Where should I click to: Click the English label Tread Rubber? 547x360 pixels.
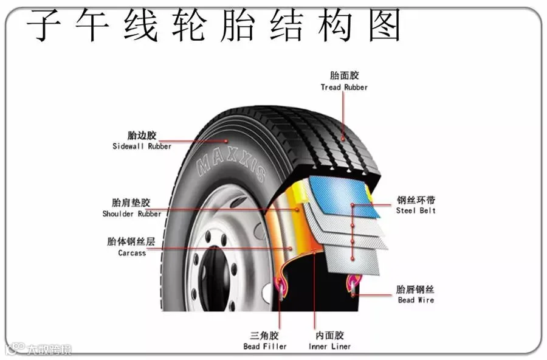[344, 88]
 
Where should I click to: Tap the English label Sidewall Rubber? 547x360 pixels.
[142, 147]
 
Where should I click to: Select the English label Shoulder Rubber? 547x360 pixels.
[132, 214]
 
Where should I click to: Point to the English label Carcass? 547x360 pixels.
[132, 253]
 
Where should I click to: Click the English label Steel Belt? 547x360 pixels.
[416, 211]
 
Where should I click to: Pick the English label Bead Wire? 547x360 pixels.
[416, 300]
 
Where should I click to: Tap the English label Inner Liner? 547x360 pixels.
[329, 347]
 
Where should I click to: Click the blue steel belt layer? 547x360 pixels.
[340, 195]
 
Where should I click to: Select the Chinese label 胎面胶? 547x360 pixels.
[345, 76]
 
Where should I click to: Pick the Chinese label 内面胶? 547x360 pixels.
[329, 336]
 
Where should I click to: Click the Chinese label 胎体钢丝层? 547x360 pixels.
[131, 241]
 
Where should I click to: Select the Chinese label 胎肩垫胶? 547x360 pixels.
[131, 202]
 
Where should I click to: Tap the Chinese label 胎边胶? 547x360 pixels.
[142, 135]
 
